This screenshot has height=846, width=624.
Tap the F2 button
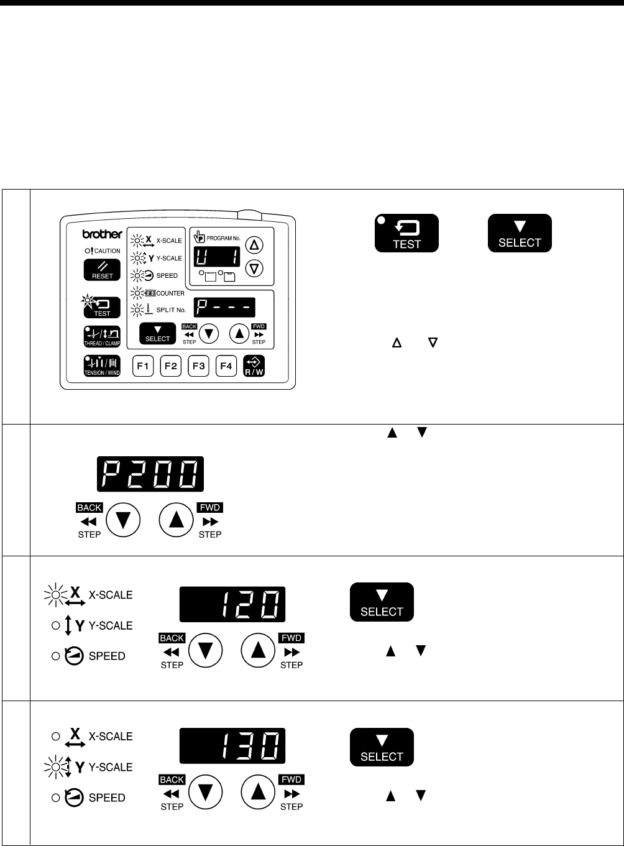tap(170, 366)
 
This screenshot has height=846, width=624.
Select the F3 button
tap(198, 366)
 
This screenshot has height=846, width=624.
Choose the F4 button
tap(226, 366)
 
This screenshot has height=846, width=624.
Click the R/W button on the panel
tap(254, 366)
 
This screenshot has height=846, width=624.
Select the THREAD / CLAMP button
tap(102, 336)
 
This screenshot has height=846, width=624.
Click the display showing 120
tap(232, 604)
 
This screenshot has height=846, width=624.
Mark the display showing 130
tap(232, 746)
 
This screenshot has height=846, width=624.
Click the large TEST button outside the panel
tap(406, 233)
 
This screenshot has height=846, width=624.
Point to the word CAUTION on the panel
tap(108, 251)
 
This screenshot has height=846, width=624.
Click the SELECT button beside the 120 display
tap(382, 602)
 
